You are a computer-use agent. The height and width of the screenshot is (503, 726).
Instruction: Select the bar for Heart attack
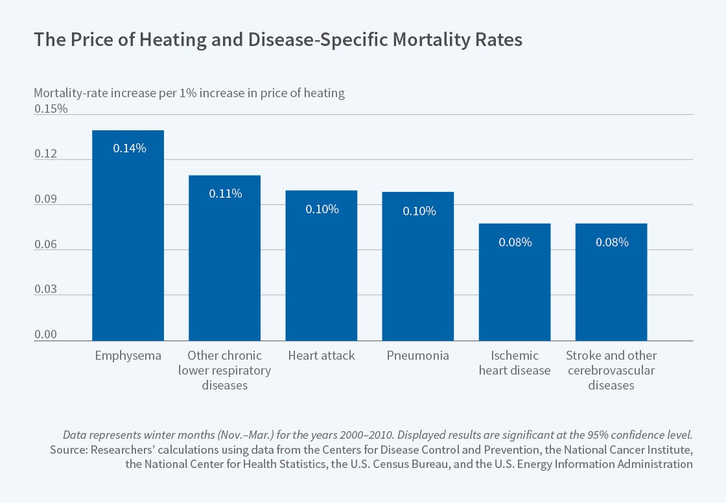[x=321, y=265]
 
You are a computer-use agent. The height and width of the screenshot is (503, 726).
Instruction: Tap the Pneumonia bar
[x=417, y=266]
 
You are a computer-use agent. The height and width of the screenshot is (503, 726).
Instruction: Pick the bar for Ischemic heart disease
[x=515, y=282]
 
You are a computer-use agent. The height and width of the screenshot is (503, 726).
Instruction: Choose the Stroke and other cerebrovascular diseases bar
[x=611, y=282]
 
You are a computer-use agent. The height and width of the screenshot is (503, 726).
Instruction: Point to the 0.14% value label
[x=130, y=148]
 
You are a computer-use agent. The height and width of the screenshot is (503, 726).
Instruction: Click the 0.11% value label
[x=225, y=193]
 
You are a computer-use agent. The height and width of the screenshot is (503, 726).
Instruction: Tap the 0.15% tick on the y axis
[x=51, y=109]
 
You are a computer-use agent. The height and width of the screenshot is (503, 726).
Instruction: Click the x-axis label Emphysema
[x=128, y=356]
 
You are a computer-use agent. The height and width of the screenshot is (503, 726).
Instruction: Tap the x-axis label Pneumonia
[x=417, y=356]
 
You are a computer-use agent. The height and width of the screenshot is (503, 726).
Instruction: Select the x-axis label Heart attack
[x=321, y=356]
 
